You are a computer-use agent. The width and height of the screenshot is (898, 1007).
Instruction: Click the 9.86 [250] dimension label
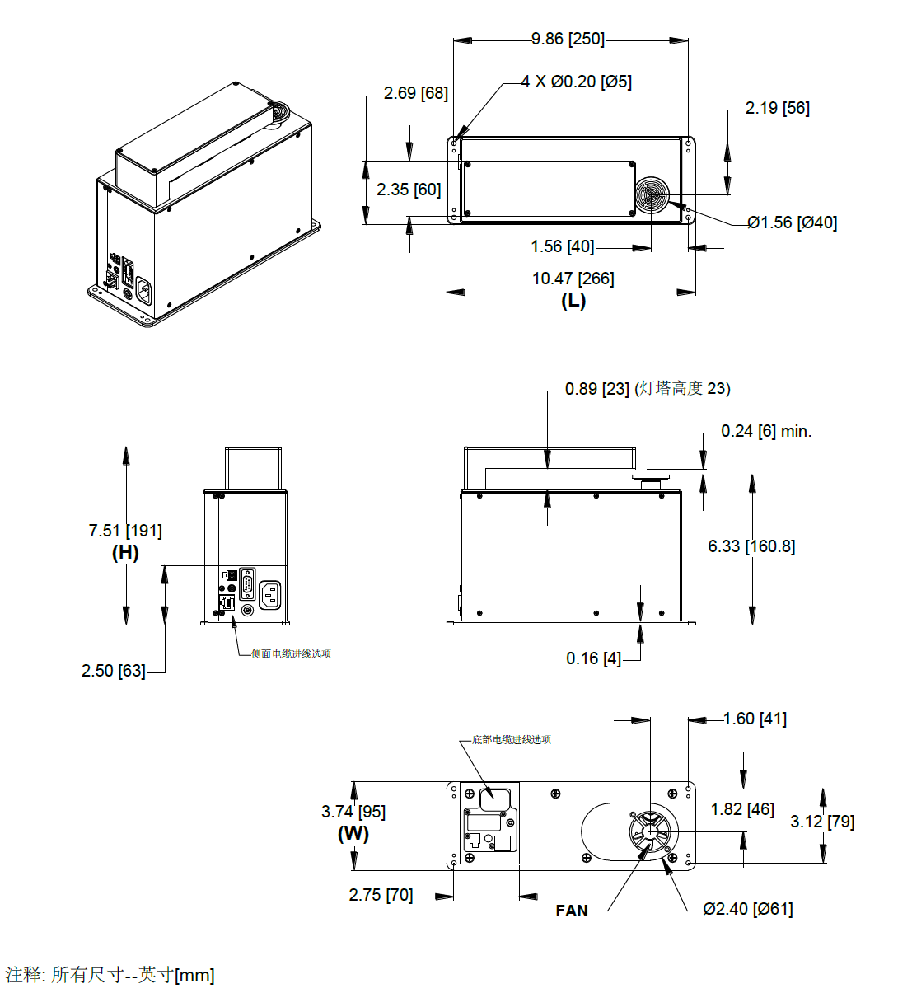[x=568, y=39]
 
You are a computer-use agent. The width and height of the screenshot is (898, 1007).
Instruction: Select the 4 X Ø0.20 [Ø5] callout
[x=577, y=82]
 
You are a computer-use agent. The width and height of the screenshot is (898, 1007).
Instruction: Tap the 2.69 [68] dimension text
[x=416, y=93]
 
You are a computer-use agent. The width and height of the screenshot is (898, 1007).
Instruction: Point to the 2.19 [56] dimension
[x=777, y=108]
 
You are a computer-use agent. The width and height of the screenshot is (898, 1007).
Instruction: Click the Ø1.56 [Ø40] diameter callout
[x=792, y=222]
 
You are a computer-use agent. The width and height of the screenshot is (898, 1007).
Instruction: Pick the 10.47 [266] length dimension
[x=573, y=279]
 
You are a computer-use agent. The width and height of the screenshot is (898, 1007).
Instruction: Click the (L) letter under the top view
[x=573, y=301]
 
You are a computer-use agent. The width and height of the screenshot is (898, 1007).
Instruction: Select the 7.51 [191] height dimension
[x=125, y=531]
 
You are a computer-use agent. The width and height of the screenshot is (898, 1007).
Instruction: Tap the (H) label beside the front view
[x=125, y=553]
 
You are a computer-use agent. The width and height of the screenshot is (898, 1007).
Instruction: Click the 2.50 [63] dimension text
[x=114, y=671]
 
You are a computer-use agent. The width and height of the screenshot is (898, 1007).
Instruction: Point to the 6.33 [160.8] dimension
[x=751, y=546]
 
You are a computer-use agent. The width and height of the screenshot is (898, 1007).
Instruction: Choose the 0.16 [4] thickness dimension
[x=593, y=658]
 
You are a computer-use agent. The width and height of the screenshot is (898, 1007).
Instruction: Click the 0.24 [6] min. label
[x=766, y=431]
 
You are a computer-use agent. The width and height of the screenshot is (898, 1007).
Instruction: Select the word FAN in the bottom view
[x=572, y=911]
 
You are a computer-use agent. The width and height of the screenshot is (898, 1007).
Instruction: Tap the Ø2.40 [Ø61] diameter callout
[x=748, y=909]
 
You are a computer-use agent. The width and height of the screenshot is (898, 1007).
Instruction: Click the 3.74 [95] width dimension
[x=353, y=812]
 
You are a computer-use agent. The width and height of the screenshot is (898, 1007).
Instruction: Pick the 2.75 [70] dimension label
[x=381, y=895]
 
